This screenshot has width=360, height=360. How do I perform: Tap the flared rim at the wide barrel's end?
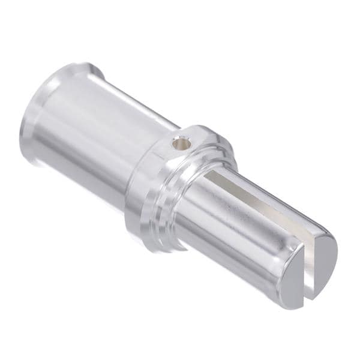point(36,114)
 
